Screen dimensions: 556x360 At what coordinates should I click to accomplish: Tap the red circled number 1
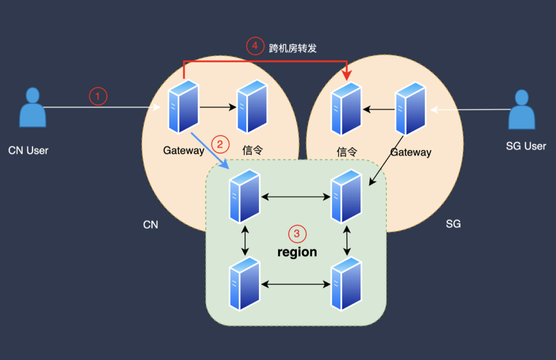[x=98, y=96]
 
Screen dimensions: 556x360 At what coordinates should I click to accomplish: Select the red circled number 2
[x=220, y=144]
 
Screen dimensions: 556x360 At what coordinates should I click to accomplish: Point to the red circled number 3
[x=297, y=234]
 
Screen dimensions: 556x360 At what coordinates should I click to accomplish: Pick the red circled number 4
[x=255, y=46]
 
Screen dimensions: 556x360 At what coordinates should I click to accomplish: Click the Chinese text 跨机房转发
[x=292, y=48]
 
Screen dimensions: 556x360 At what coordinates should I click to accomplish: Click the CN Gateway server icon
[x=183, y=107]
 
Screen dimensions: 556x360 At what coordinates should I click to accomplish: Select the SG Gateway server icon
[x=411, y=109]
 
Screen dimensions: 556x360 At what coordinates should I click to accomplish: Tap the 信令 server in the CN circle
[x=252, y=107]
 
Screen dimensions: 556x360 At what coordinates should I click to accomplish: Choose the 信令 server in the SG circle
[x=346, y=109]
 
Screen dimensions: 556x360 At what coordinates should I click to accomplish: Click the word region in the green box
[x=297, y=252]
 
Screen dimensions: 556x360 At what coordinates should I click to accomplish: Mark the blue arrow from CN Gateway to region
[x=210, y=151]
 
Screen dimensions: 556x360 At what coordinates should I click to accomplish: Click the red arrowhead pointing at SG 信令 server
[x=347, y=75]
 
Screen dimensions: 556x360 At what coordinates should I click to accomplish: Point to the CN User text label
[x=28, y=150]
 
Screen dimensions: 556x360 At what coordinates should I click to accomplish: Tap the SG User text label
[x=526, y=146]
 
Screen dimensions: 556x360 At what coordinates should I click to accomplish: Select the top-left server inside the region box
[x=245, y=196]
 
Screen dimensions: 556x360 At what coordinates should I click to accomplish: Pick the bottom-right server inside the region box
[x=346, y=284]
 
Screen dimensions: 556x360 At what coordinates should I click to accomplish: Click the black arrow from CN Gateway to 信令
[x=218, y=107]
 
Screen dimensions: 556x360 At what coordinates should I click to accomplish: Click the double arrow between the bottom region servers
[x=296, y=284]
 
